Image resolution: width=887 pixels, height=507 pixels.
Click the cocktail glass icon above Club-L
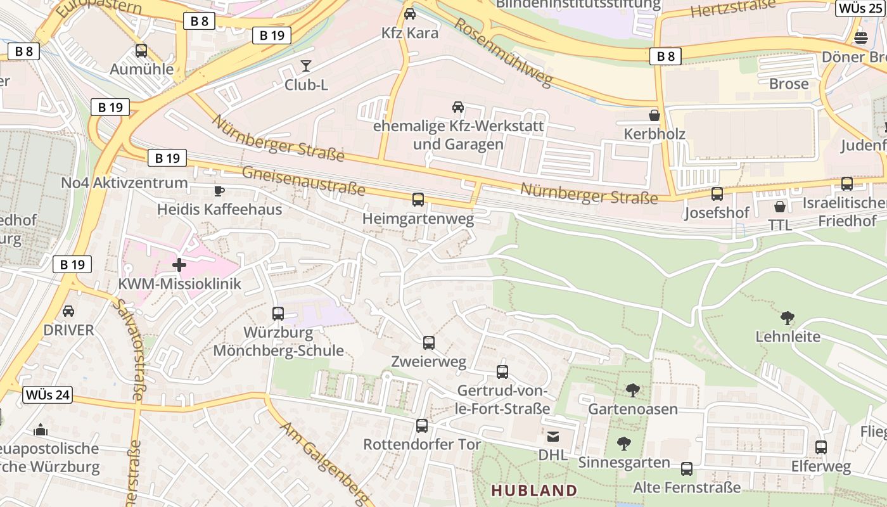(x=306, y=65)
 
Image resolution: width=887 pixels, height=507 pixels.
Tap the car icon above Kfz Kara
(x=410, y=13)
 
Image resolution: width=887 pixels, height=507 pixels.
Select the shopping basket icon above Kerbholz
(x=654, y=115)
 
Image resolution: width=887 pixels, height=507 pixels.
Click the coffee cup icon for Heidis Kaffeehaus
(x=219, y=191)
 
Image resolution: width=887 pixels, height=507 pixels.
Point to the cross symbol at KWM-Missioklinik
(x=179, y=265)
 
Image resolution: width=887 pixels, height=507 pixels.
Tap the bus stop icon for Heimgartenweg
(x=418, y=200)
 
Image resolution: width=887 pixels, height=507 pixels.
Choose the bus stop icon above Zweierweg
(x=429, y=343)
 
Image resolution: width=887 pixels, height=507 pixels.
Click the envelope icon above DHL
(x=553, y=436)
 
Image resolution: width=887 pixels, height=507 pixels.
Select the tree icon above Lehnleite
(x=788, y=318)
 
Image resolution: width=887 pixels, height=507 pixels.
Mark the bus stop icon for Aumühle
(x=141, y=51)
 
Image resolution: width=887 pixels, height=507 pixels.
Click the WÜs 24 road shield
(x=48, y=395)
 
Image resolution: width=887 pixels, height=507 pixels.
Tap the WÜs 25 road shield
(x=860, y=8)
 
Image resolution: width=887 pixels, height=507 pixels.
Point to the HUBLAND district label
(x=534, y=491)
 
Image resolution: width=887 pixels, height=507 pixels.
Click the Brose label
(x=789, y=84)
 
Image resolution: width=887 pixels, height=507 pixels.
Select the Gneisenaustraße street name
(x=303, y=180)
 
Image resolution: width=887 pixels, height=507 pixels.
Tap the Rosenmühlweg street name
(x=504, y=52)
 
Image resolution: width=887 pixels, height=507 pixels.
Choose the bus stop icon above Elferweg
(x=821, y=447)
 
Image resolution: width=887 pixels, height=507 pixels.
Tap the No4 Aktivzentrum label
(x=124, y=183)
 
